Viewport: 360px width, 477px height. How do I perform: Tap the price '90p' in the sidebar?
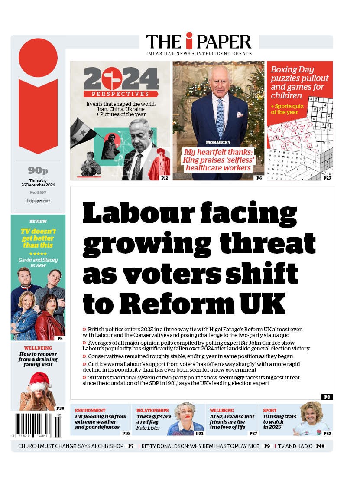coord(38,170)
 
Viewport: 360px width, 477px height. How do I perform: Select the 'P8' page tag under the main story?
coord(327,397)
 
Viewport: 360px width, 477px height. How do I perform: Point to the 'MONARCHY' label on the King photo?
coord(218,142)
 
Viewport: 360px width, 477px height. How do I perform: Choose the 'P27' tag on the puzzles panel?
coord(327,178)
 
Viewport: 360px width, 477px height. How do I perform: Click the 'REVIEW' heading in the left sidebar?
coord(38,221)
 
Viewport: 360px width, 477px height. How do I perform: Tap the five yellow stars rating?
coord(38,254)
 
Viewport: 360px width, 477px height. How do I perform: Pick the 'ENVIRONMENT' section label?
coord(90,410)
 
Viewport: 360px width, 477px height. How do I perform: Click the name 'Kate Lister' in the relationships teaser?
coord(148,428)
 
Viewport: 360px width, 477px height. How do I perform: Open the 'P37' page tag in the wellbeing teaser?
coord(253,433)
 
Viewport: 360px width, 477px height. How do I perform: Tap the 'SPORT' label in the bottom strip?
coord(269,410)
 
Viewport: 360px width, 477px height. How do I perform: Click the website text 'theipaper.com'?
coord(38,201)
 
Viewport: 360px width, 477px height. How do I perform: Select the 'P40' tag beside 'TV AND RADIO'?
coord(320,446)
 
